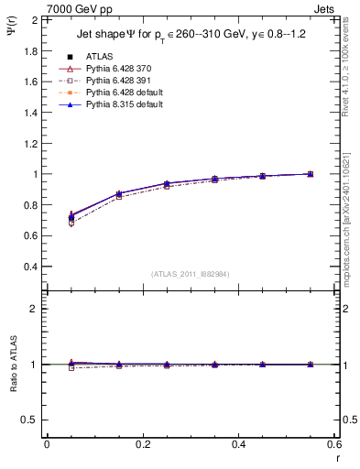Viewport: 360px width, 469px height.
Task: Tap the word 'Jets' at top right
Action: (x=322, y=8)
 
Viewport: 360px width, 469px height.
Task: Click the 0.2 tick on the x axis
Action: (x=143, y=444)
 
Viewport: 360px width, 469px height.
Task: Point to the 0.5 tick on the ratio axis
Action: (x=31, y=420)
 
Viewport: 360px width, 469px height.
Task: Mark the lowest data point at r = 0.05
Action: (x=71, y=223)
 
